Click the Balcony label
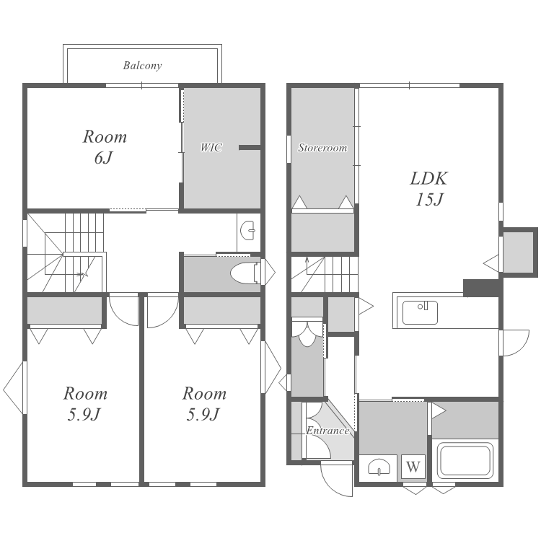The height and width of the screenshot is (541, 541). coord(142,66)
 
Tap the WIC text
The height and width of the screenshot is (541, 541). coord(211,148)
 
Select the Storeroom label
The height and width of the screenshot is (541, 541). coord(322,148)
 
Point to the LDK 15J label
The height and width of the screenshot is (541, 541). coord(429,189)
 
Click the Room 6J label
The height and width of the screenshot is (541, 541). coord(105,147)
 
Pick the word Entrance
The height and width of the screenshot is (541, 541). coord(327,431)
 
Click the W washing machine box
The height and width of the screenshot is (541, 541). coord(413,467)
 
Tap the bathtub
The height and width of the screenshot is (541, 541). coord(465,461)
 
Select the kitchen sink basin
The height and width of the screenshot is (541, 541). coord(420,312)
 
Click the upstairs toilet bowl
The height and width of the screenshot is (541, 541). coord(245,273)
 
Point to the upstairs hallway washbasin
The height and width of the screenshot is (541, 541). coord(247,231)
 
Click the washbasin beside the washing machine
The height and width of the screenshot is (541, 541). coord(379,467)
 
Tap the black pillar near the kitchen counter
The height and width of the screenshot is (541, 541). coord(481,288)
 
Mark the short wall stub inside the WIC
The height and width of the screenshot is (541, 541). coord(250,148)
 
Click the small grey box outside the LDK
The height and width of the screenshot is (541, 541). coord(518,252)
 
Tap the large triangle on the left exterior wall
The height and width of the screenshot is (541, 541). coord(14,388)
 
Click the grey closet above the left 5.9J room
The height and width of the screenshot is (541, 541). coord(65,310)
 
